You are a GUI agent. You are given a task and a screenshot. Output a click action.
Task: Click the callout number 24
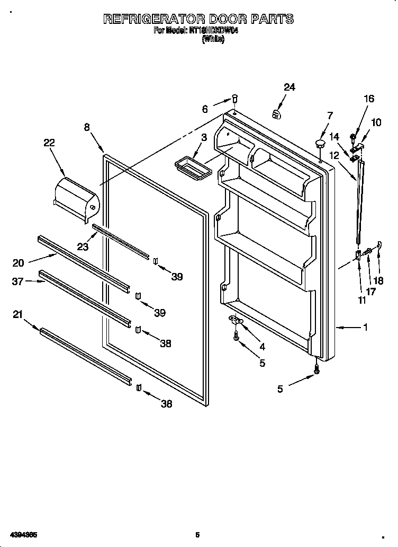click(x=289, y=87)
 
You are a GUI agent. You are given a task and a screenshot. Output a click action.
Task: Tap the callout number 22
click(x=49, y=143)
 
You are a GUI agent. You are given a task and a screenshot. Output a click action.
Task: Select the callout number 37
click(x=17, y=281)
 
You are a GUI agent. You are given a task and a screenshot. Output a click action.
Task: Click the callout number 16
click(x=368, y=99)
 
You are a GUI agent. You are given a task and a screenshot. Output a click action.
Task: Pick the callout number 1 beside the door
click(x=365, y=328)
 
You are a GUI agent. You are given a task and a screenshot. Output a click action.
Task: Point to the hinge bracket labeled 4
click(x=235, y=319)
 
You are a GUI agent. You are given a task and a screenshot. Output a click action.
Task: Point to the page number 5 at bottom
click(x=197, y=535)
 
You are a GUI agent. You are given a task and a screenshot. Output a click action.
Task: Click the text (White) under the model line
click(x=213, y=39)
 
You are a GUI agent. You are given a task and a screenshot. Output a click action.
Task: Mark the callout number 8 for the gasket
click(x=87, y=127)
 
